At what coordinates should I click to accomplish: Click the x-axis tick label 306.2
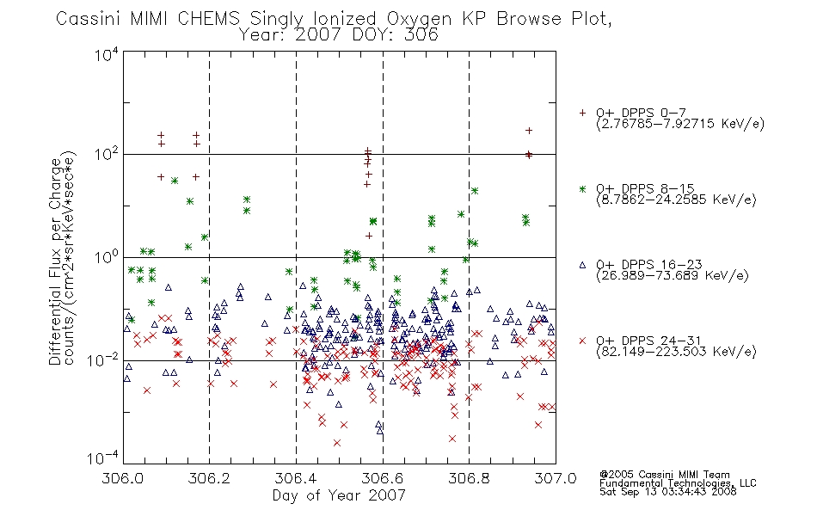[x=209, y=478]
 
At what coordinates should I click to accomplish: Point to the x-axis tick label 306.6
[x=383, y=478]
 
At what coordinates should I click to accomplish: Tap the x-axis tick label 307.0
[x=556, y=478]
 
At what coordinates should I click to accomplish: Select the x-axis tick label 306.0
[x=122, y=478]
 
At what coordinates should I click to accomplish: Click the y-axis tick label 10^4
[x=107, y=54]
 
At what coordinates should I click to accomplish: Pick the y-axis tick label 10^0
[x=107, y=257]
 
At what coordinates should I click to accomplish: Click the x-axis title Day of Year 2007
[x=339, y=495]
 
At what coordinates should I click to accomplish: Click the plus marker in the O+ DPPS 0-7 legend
[x=582, y=113]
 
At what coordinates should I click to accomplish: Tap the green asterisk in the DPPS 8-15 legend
[x=582, y=188]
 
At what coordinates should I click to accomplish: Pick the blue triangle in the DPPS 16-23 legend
[x=582, y=265]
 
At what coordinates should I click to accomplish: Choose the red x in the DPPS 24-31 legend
[x=582, y=341]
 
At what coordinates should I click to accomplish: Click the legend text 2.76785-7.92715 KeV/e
[x=680, y=124]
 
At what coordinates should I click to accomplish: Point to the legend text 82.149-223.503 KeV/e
[x=676, y=352]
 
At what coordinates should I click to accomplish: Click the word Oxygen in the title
[x=419, y=19]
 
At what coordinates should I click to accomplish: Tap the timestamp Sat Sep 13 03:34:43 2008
[x=668, y=492]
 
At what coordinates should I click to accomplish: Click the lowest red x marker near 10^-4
[x=337, y=443]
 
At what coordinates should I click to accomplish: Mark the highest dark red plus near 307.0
[x=529, y=131]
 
